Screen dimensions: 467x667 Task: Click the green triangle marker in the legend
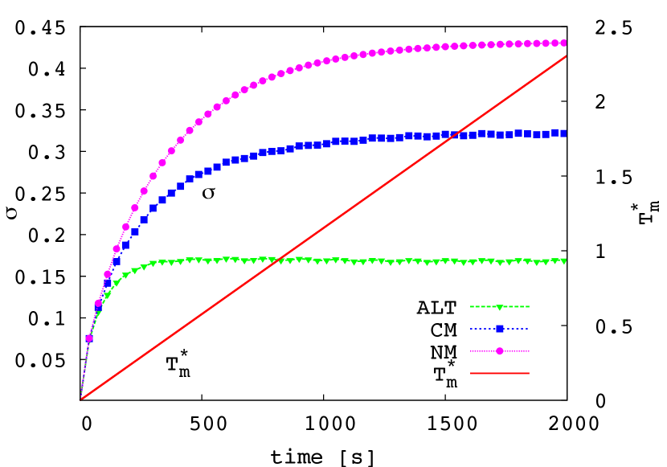tap(499, 307)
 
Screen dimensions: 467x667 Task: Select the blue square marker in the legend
tap(499, 328)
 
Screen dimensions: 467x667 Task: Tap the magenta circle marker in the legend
tap(499, 350)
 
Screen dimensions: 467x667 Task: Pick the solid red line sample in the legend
tap(499, 373)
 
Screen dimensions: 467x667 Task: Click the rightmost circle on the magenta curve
tap(563, 43)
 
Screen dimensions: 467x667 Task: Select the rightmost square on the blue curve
tap(563, 133)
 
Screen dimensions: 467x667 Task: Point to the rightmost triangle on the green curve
tap(563, 261)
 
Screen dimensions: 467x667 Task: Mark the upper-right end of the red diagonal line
tap(567, 56)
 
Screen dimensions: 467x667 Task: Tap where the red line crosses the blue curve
tap(456, 134)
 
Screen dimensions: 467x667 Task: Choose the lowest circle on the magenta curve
tap(89, 338)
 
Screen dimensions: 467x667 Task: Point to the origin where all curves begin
tap(80, 399)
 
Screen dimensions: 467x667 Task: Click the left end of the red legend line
tap(471, 373)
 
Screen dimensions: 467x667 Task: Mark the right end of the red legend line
tap(529, 373)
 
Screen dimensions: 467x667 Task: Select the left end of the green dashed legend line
tap(471, 306)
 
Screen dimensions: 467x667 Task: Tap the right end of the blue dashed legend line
tap(529, 328)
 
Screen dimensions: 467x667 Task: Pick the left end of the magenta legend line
tap(471, 350)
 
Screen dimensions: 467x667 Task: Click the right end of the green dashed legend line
tap(529, 306)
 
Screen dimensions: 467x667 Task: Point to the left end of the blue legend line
tap(471, 328)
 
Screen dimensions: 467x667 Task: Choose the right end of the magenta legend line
tap(529, 350)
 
